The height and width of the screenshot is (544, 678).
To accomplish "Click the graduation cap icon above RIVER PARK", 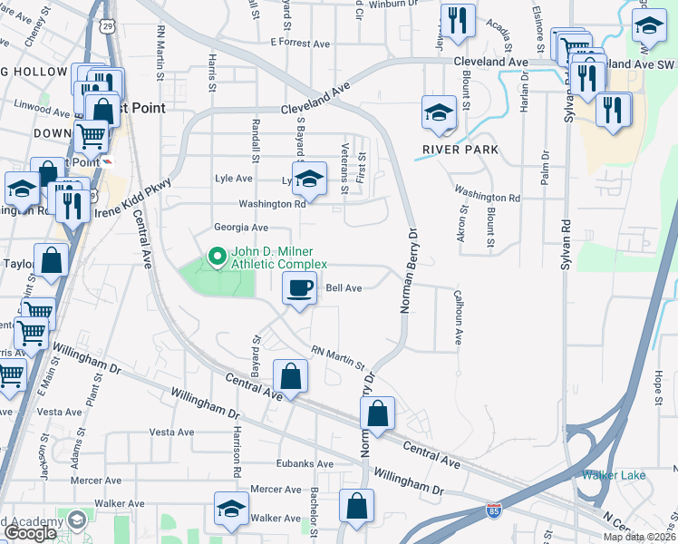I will click(439, 113).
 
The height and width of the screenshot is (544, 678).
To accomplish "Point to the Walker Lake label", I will click(614, 475).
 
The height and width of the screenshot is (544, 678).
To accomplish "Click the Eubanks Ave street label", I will click(305, 464).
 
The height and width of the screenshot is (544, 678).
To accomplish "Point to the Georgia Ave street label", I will click(241, 228).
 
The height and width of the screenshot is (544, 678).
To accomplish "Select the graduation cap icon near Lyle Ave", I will click(308, 177).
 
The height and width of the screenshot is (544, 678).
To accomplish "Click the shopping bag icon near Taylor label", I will click(52, 260).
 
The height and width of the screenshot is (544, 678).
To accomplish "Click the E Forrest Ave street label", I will click(300, 42).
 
